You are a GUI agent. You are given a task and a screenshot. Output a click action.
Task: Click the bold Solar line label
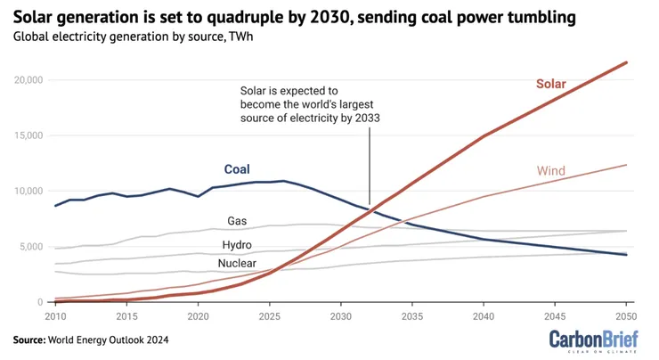(550, 85)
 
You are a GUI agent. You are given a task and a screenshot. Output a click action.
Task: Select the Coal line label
(236, 169)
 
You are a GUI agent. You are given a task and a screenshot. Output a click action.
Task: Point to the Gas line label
(237, 220)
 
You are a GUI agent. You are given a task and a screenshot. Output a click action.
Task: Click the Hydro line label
(236, 244)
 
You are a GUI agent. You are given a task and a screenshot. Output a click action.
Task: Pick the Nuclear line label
(236, 263)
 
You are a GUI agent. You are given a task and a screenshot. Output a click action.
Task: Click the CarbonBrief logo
(593, 340)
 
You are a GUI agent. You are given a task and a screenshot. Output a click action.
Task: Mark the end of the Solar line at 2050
(626, 62)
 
